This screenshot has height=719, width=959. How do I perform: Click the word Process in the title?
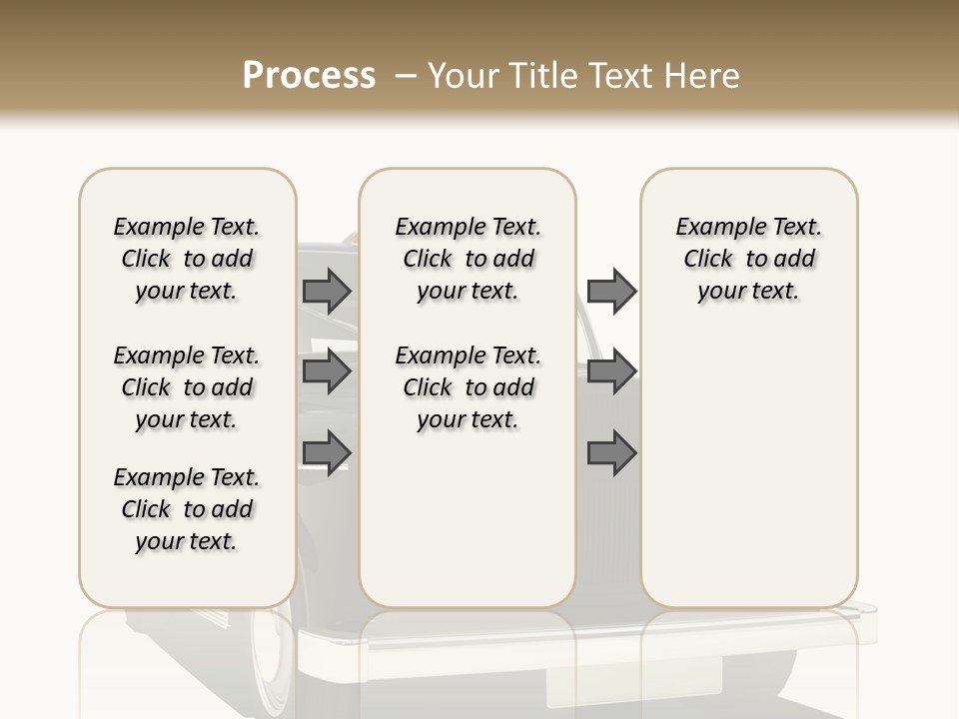(x=309, y=76)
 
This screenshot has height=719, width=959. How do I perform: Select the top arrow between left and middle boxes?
(x=326, y=291)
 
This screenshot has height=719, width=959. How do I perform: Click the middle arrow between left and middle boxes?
(x=326, y=371)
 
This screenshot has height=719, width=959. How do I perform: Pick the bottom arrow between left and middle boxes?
(x=326, y=451)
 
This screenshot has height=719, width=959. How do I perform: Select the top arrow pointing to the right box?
(x=611, y=291)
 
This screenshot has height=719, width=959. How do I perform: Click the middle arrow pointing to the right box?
(x=611, y=371)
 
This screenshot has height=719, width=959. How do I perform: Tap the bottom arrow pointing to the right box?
(x=611, y=452)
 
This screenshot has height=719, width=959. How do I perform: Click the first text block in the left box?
(x=187, y=259)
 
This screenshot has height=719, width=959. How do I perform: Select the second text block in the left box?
(x=187, y=387)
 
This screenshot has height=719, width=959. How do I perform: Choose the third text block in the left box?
(x=187, y=509)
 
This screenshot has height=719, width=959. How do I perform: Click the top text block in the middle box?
(x=468, y=259)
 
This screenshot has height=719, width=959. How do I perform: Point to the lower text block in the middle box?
(x=468, y=387)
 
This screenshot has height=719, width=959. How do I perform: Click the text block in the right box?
(x=748, y=259)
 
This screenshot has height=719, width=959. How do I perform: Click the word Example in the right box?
(x=715, y=228)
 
